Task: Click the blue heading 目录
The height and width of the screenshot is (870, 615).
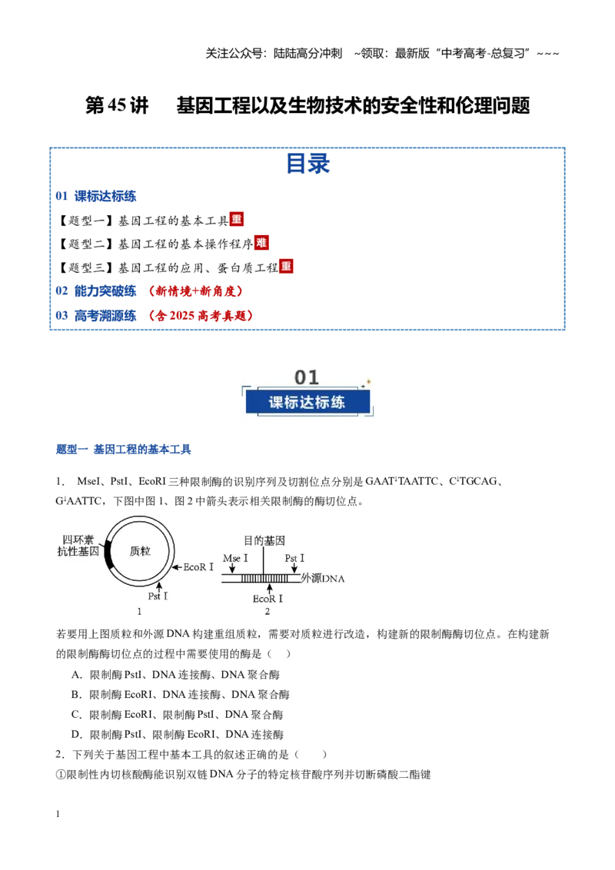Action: (308, 164)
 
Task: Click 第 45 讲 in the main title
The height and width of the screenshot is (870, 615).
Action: (117, 105)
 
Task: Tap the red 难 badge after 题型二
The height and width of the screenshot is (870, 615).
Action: (261, 242)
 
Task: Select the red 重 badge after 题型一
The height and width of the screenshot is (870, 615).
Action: (237, 219)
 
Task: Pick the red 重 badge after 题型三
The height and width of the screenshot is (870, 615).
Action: (286, 267)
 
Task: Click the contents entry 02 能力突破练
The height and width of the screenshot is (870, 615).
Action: (96, 291)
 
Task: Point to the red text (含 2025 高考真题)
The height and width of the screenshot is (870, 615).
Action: (201, 316)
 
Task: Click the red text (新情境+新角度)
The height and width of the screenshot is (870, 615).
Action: (195, 291)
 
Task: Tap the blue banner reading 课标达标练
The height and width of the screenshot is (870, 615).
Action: (307, 402)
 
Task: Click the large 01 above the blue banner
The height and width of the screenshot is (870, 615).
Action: (307, 377)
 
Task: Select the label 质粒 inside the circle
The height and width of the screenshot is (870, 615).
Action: (140, 551)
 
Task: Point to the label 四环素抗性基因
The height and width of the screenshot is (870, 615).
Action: (78, 546)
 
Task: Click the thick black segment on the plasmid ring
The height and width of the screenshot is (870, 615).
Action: (108, 554)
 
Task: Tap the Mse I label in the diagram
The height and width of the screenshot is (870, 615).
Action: (235, 558)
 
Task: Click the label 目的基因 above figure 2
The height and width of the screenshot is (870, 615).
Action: (264, 540)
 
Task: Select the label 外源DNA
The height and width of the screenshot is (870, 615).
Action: (322, 578)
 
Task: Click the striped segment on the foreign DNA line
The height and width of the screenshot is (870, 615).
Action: (264, 578)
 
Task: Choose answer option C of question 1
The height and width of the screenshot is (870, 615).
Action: (178, 715)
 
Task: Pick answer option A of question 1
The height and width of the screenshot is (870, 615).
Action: (175, 675)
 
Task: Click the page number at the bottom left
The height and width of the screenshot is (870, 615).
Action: (58, 814)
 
